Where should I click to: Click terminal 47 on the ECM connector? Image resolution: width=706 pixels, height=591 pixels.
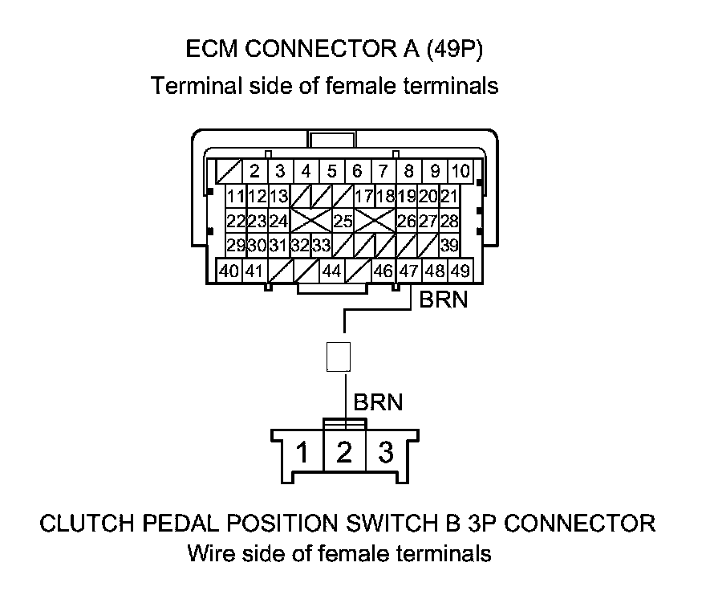tap(409, 271)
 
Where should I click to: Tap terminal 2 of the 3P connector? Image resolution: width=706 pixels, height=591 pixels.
tap(344, 454)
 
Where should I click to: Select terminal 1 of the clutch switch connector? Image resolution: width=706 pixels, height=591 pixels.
tap(302, 454)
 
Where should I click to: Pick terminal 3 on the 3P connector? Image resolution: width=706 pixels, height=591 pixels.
tap(386, 454)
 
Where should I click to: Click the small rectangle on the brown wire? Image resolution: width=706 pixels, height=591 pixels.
tap(339, 357)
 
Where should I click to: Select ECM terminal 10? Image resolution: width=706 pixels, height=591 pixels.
tap(460, 171)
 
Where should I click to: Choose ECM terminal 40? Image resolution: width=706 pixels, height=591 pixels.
tap(229, 271)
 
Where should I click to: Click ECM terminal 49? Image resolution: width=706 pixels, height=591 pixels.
tap(460, 271)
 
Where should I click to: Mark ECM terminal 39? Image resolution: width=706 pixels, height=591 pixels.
tap(449, 245)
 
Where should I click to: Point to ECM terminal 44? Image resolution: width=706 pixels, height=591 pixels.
tap(331, 271)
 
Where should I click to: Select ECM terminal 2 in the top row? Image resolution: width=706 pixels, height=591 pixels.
tap(254, 171)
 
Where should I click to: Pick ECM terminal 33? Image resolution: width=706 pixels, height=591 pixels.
tap(321, 245)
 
